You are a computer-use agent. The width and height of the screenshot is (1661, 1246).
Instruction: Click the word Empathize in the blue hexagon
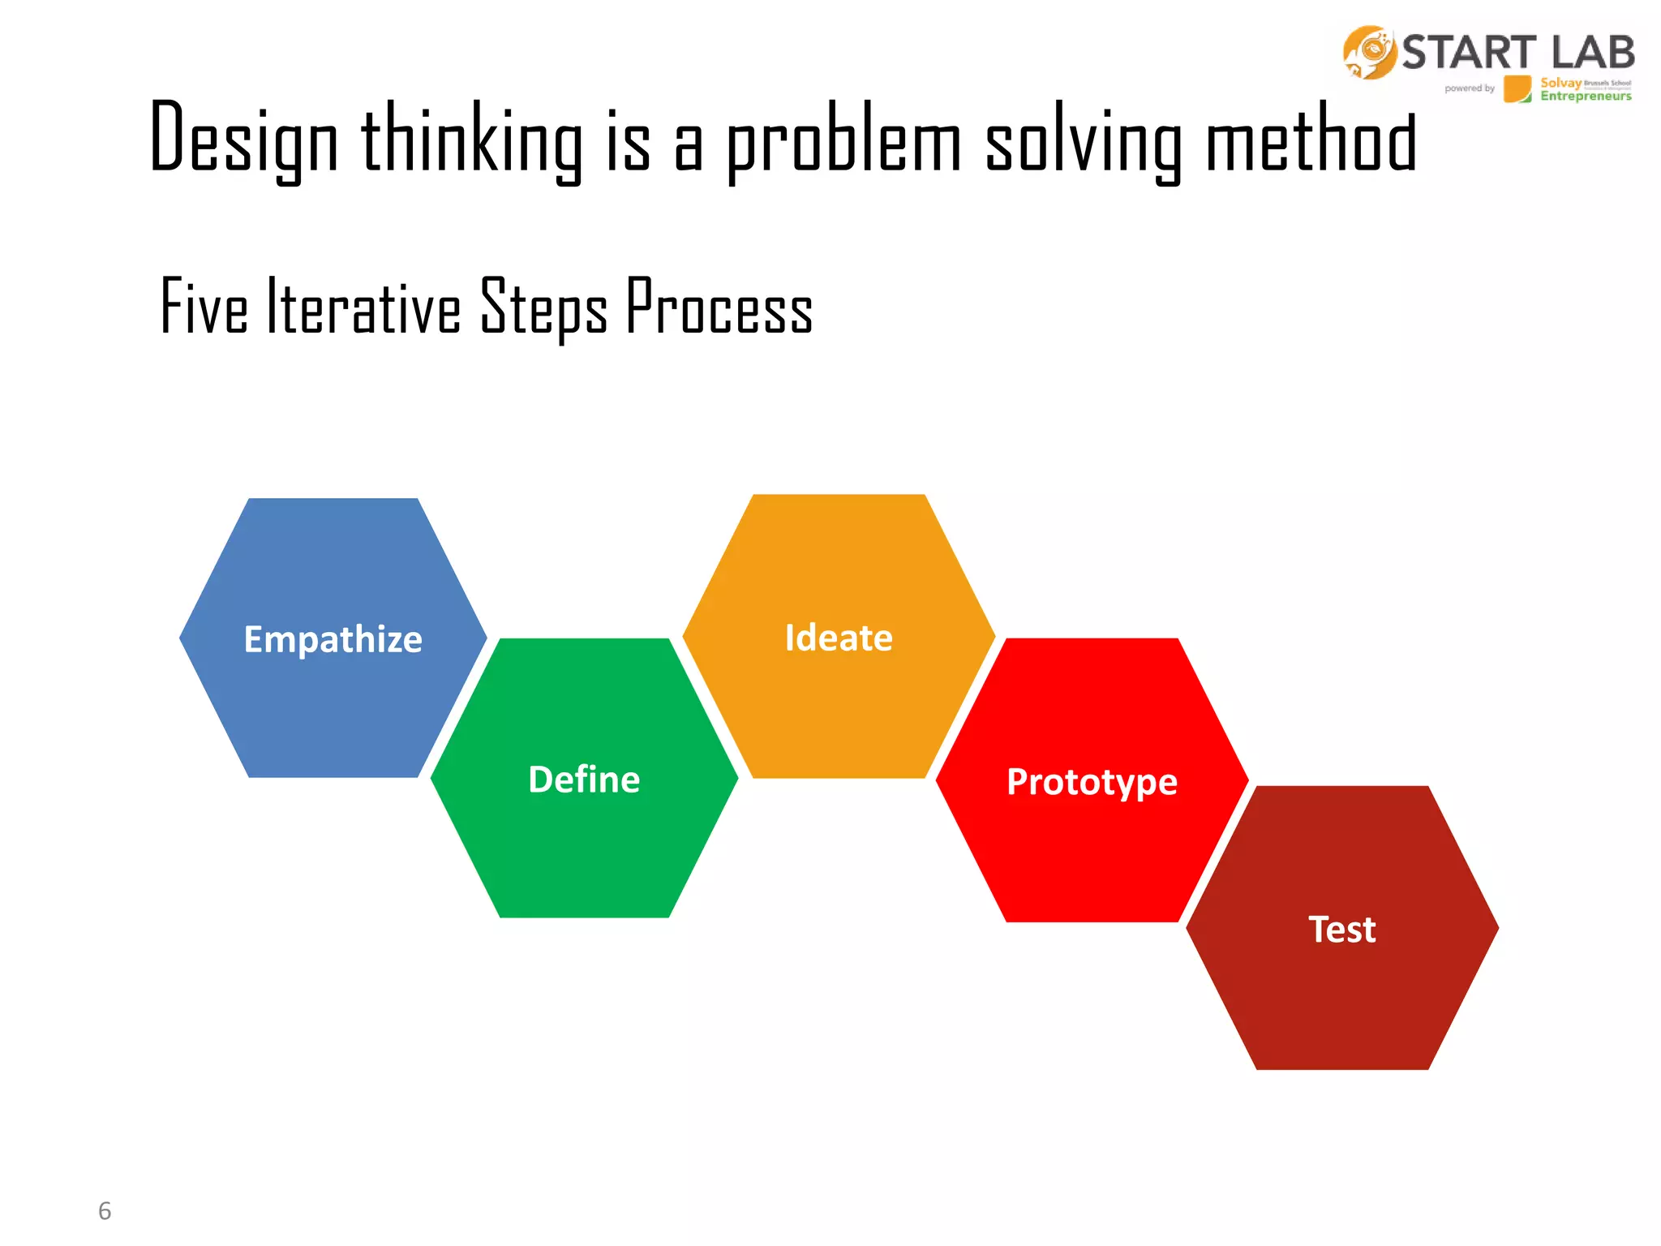[333, 639]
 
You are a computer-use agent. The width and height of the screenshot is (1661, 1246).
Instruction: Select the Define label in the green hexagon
[584, 780]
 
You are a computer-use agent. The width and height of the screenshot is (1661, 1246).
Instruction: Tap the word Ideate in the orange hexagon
[839, 638]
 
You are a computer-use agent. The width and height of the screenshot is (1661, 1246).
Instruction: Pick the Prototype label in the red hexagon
[1092, 782]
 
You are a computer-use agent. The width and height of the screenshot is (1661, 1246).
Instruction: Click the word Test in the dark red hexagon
[1341, 930]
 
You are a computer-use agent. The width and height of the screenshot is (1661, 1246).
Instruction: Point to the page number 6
[105, 1210]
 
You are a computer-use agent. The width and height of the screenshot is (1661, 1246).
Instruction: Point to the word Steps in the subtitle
[543, 308]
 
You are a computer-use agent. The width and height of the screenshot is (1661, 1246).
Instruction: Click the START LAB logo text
[1517, 53]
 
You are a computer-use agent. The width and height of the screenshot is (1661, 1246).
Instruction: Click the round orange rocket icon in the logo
[1370, 53]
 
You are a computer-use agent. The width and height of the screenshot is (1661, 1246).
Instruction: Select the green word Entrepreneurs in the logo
[1586, 97]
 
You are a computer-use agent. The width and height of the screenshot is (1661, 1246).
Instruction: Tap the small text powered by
[1469, 88]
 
